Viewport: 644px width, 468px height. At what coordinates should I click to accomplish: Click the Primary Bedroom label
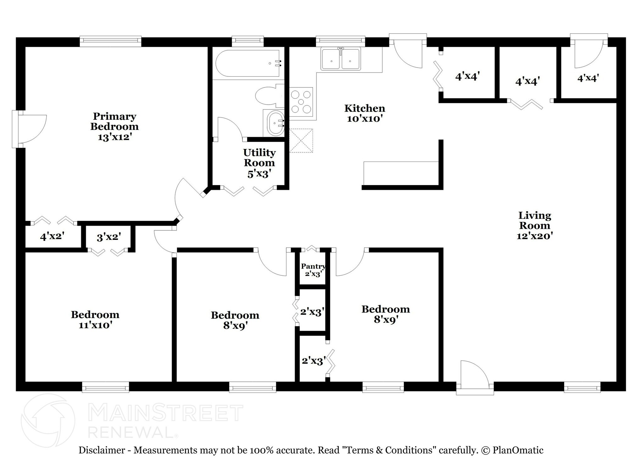tap(114, 127)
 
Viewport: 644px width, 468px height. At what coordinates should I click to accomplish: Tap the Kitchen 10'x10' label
tap(365, 113)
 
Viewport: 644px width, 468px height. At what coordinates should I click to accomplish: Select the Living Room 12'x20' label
tap(535, 226)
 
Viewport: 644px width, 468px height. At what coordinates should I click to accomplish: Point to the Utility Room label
tap(259, 163)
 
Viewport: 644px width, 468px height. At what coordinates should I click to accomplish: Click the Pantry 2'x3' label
tap(313, 270)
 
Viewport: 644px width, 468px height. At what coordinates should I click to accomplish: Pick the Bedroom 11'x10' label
tap(95, 320)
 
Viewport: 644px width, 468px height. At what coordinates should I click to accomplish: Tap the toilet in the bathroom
tap(270, 96)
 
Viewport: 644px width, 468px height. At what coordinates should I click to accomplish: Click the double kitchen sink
tap(341, 59)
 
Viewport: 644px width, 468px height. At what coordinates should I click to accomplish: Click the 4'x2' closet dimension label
tap(52, 236)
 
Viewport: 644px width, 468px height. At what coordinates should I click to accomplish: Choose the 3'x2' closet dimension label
tap(109, 237)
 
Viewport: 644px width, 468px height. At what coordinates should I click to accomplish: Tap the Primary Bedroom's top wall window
tap(110, 41)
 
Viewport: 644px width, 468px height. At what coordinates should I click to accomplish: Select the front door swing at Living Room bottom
tap(475, 377)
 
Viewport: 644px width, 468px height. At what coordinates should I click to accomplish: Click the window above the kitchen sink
tap(341, 41)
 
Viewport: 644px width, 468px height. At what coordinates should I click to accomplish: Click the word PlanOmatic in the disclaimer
tap(518, 450)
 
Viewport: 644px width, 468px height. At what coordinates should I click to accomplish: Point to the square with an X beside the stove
tap(301, 140)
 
